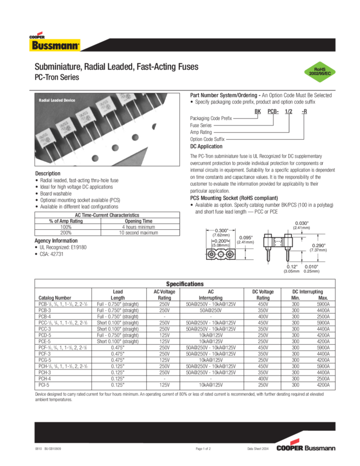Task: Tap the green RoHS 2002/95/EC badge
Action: [x=318, y=72]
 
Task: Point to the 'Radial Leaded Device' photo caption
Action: [x=57, y=100]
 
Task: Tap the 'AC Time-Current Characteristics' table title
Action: [x=104, y=215]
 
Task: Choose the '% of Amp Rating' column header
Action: [x=66, y=221]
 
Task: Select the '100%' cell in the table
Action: [x=66, y=226]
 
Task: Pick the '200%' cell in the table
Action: [x=66, y=232]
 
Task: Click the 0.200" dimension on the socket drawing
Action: [x=221, y=241]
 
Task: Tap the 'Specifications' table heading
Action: [x=185, y=283]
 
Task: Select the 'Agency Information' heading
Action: [x=55, y=240]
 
